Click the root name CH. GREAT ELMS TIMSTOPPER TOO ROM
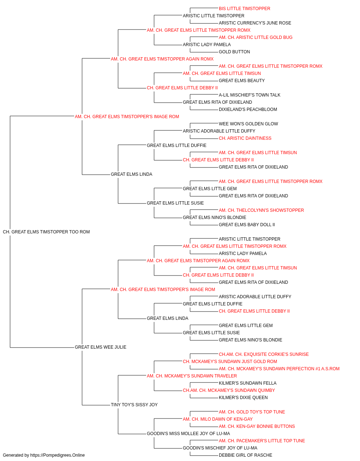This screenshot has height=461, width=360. coord(46,232)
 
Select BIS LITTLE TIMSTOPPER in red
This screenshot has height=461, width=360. coord(244,9)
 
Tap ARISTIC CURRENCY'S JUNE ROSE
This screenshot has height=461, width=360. coord(255,23)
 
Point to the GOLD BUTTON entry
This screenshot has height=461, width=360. coord(234,52)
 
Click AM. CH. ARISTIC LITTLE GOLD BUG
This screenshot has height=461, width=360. coord(256,37)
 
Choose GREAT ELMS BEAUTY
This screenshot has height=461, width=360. coord(242,81)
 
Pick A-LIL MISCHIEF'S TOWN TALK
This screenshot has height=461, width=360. coord(249,95)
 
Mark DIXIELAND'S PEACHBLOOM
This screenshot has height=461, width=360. coord(248,109)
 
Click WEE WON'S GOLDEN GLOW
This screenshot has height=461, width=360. coord(248,124)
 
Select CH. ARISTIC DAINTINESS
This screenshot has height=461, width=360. coord(245,138)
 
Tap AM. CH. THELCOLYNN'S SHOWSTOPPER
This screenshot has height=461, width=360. coord(261,210)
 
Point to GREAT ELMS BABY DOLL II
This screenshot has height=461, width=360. coord(247,225)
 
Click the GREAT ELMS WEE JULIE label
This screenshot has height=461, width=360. coord(100,347)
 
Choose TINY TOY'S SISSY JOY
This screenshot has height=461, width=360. coord(134,404)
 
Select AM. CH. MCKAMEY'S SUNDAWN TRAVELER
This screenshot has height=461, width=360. coord(192,376)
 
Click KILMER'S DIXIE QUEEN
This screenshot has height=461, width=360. coord(243,397)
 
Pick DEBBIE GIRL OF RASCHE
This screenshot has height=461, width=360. coord(246,455)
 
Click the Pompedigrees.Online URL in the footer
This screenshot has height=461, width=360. coord(58,455)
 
